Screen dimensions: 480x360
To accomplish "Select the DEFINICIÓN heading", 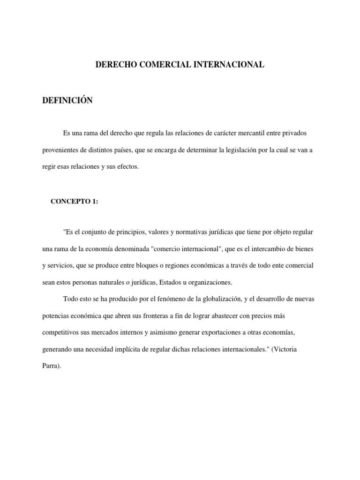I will coord(67,101).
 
